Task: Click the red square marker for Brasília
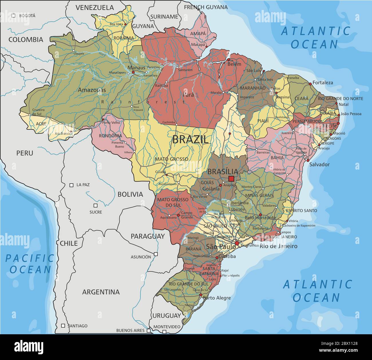pyautogui.click(x=231, y=179)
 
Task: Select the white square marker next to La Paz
pyautogui.click(x=72, y=185)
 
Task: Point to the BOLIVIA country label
pyautogui.click(x=130, y=194)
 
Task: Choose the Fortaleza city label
pyautogui.click(x=323, y=83)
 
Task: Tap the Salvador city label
pyautogui.click(x=319, y=164)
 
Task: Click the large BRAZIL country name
pyautogui.click(x=190, y=140)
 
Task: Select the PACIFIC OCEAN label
pyautogui.click(x=30, y=264)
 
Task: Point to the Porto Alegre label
pyautogui.click(x=217, y=298)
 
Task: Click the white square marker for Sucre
pyautogui.click(x=96, y=205)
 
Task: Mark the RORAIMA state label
pyautogui.click(x=124, y=38)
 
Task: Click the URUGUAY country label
pyautogui.click(x=167, y=316)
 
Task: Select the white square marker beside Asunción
pyautogui.click(x=156, y=254)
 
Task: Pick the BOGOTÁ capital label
pyautogui.click(x=27, y=16)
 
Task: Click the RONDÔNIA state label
pyautogui.click(x=110, y=136)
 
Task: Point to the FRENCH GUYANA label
pyautogui.click(x=205, y=7)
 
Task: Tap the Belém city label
pyautogui.click(x=234, y=64)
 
